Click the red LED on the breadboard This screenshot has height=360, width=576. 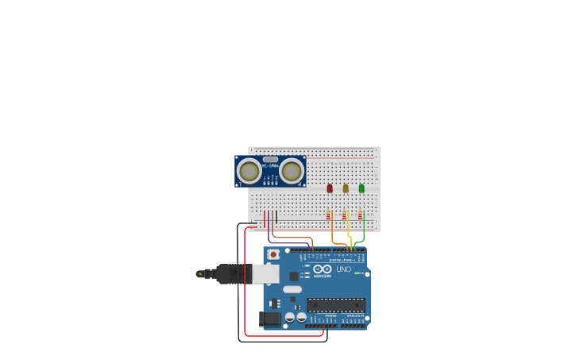(330, 188)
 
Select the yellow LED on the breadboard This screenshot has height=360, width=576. (346, 188)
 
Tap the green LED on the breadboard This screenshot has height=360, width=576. (361, 188)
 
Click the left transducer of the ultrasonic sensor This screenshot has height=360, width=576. (249, 171)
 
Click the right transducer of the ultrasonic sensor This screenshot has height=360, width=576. (292, 171)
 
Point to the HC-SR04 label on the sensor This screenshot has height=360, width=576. (270, 165)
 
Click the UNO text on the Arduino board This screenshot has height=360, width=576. (343, 269)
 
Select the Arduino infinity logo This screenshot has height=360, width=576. (322, 269)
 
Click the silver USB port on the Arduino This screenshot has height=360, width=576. (265, 274)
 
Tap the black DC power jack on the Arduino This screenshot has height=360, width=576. (270, 319)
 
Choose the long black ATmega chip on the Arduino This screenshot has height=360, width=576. (336, 304)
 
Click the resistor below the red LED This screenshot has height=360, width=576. (328, 215)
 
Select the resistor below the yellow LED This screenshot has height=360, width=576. (344, 215)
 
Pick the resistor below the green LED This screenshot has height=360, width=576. (360, 215)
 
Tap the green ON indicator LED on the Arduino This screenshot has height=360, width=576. (358, 273)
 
